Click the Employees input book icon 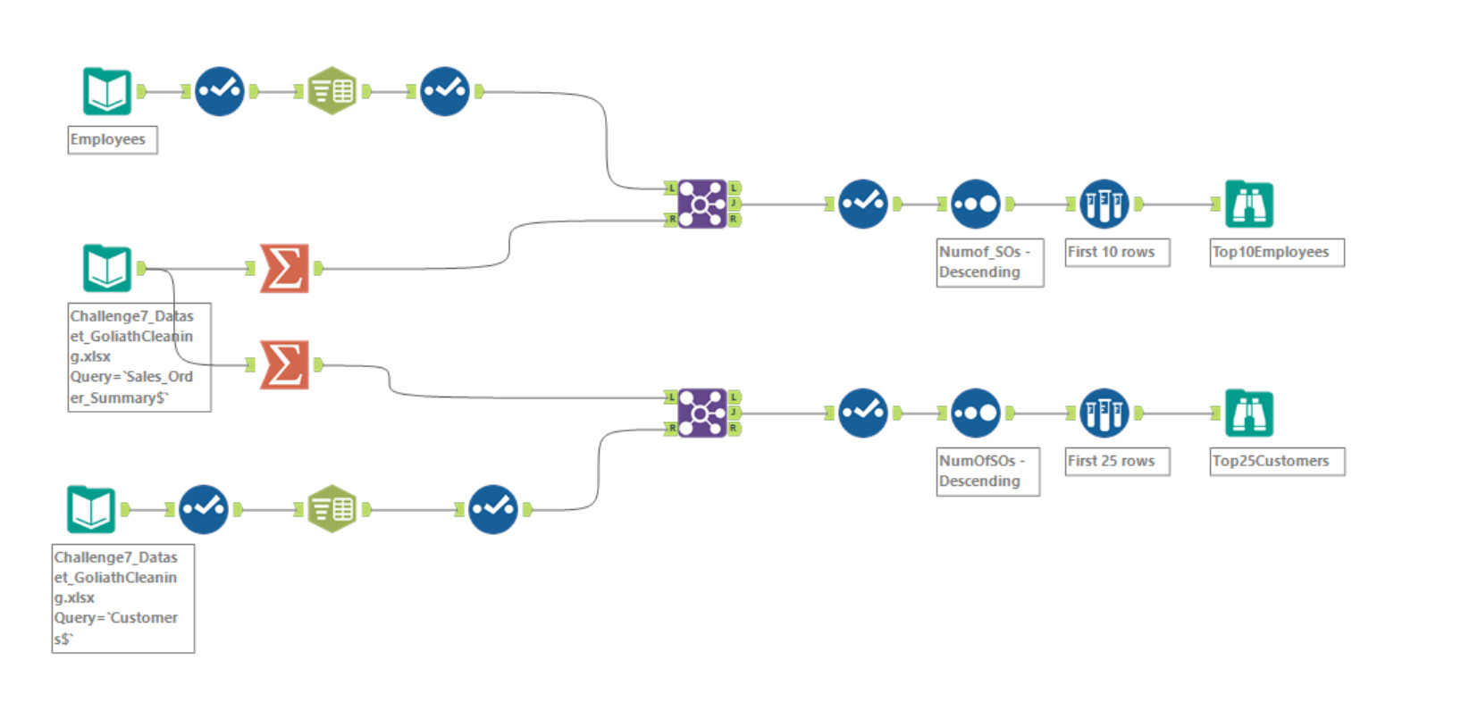[x=107, y=91]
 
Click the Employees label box [x=113, y=140]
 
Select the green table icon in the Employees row [x=332, y=91]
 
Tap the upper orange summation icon [x=284, y=268]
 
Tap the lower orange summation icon [x=284, y=364]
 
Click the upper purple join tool [x=702, y=204]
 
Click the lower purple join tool [x=702, y=413]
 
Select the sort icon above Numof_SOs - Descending [x=975, y=204]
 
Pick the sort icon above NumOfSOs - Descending [x=975, y=413]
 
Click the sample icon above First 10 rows [x=1104, y=204]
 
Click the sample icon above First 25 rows [x=1104, y=413]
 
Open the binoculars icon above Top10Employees [x=1248, y=204]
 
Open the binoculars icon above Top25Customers [x=1248, y=413]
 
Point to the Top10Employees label [x=1277, y=253]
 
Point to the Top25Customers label [x=1277, y=462]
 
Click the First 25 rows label [x=1117, y=462]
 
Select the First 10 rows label [x=1117, y=253]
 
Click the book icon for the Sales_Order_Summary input [x=107, y=268]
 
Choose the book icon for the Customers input [x=91, y=509]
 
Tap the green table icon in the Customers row [x=332, y=509]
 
